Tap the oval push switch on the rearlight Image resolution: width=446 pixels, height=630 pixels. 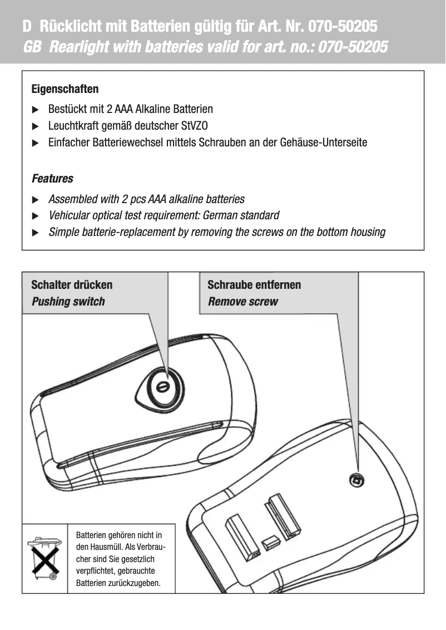(161, 387)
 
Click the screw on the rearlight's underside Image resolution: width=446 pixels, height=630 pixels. (356, 479)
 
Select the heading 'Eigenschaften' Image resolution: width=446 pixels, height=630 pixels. (65, 89)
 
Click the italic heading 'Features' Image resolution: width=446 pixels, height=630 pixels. (52, 179)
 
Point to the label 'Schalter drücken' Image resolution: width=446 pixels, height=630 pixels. (72, 285)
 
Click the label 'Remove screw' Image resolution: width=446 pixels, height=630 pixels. (242, 302)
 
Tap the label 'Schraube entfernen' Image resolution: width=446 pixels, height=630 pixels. (254, 285)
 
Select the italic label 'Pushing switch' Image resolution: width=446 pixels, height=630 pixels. (68, 302)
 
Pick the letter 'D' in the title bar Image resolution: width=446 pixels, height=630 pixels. (27, 26)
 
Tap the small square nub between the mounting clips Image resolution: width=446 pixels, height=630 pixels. (270, 542)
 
